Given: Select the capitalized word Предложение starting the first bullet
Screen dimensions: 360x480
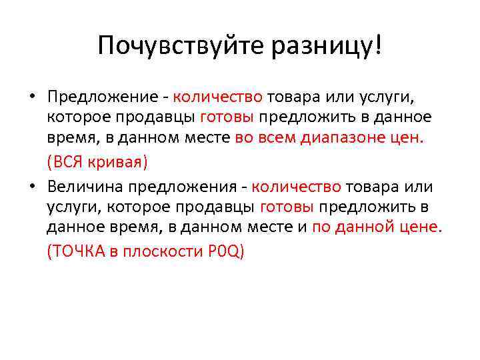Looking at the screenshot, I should point(102,98).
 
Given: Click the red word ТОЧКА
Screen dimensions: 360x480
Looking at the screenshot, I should point(75,251).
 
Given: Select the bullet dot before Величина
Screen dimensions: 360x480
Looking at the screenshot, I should point(32,187).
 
